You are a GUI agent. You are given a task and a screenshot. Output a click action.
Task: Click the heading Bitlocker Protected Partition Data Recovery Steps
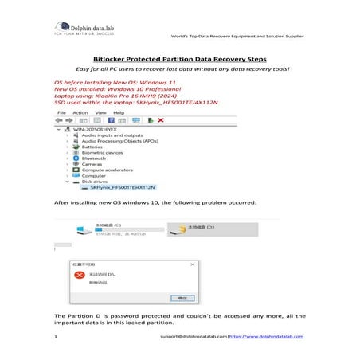179,58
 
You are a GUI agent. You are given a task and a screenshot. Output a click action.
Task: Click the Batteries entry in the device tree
92,147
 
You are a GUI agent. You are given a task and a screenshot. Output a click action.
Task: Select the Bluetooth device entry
92,158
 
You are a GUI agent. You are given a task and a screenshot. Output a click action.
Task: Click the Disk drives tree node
94,181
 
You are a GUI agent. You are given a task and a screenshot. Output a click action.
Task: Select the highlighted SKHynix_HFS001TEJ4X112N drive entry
123,187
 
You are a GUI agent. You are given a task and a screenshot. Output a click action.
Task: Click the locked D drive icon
182,229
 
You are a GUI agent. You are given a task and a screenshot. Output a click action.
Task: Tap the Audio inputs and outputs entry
112,135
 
